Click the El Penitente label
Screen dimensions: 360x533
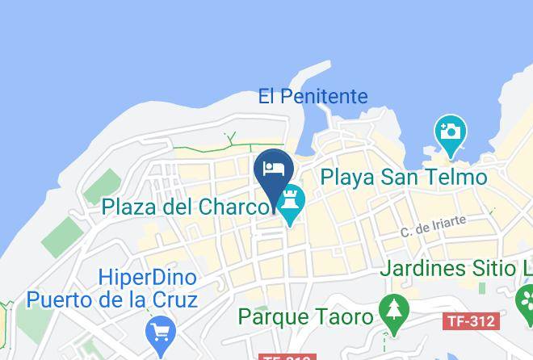[x=313, y=97]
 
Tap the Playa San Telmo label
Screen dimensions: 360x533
[x=404, y=177]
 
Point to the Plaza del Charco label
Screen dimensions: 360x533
[x=186, y=207]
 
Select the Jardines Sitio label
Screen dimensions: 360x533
[x=456, y=268]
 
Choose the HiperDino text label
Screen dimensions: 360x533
[x=148, y=278]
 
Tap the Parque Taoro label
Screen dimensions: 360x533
[x=305, y=316]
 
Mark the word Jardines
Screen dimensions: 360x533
[x=430, y=268]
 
